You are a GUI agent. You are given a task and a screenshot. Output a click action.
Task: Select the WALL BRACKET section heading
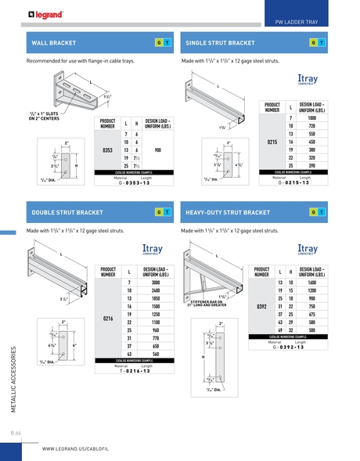pyautogui.click(x=53, y=41)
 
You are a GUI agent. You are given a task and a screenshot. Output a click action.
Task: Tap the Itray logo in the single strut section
pyautogui.click(x=308, y=81)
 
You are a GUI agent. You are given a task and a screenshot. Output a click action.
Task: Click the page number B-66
pyautogui.click(x=16, y=432)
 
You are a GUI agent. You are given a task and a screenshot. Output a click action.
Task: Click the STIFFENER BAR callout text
pyautogui.click(x=206, y=302)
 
